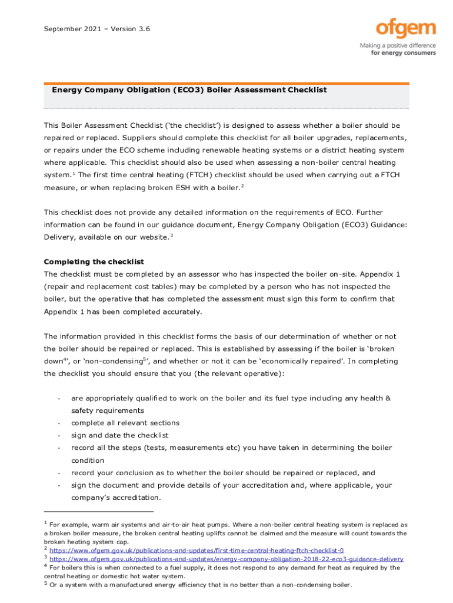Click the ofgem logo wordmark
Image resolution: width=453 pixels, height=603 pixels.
click(x=405, y=29)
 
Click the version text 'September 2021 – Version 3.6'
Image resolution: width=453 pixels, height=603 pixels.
click(x=97, y=28)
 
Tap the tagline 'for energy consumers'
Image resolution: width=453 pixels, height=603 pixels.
click(x=403, y=52)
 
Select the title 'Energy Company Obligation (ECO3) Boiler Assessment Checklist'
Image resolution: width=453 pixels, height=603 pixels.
click(x=189, y=91)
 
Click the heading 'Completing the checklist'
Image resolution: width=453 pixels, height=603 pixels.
click(x=94, y=261)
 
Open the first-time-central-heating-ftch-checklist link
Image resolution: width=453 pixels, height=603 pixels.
click(x=196, y=550)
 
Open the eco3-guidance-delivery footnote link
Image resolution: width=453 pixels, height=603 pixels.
click(x=226, y=559)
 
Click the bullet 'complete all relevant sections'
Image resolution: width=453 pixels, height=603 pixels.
click(x=125, y=423)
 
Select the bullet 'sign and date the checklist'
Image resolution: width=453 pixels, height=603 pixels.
click(x=119, y=435)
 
